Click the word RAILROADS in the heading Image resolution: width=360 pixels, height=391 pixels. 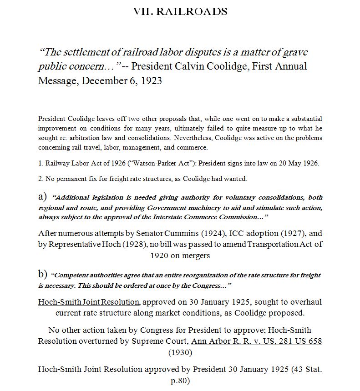(x=192, y=11)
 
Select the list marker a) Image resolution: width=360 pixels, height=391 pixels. (x=43, y=197)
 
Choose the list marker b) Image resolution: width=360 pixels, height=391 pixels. (x=43, y=274)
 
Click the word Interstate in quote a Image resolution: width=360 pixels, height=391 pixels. (x=166, y=217)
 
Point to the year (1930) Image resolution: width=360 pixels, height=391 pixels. (x=180, y=352)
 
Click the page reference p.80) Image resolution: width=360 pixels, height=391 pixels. (x=180, y=381)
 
